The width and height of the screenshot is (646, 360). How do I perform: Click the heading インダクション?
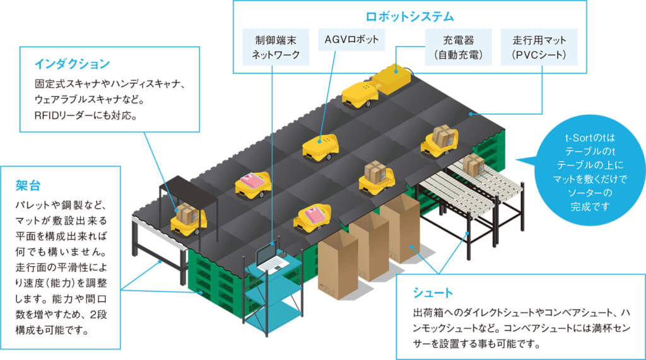click(x=73, y=64)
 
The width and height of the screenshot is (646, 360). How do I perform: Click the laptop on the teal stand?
click(x=269, y=257)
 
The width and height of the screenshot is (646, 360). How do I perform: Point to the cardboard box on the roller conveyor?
click(x=473, y=165)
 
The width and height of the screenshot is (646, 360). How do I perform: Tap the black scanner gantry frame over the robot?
click(x=189, y=189)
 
